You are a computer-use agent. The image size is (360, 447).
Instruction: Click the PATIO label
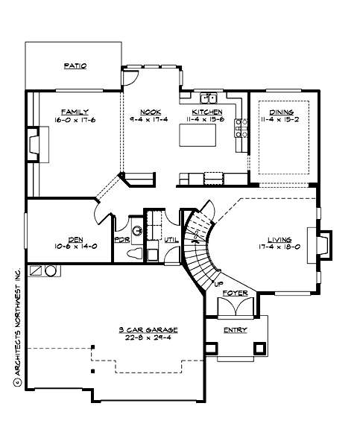[x=75, y=66]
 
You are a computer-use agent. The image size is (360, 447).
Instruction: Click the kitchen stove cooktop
[x=241, y=127]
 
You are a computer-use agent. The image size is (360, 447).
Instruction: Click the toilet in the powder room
[x=136, y=253]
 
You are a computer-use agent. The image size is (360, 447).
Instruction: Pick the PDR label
[x=121, y=240]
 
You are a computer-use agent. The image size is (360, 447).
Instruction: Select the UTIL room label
[x=171, y=240]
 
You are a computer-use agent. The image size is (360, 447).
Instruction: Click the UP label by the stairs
[x=218, y=284]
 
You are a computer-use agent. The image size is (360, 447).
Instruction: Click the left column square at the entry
[x=212, y=347]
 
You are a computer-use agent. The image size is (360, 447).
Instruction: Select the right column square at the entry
[x=259, y=347]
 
